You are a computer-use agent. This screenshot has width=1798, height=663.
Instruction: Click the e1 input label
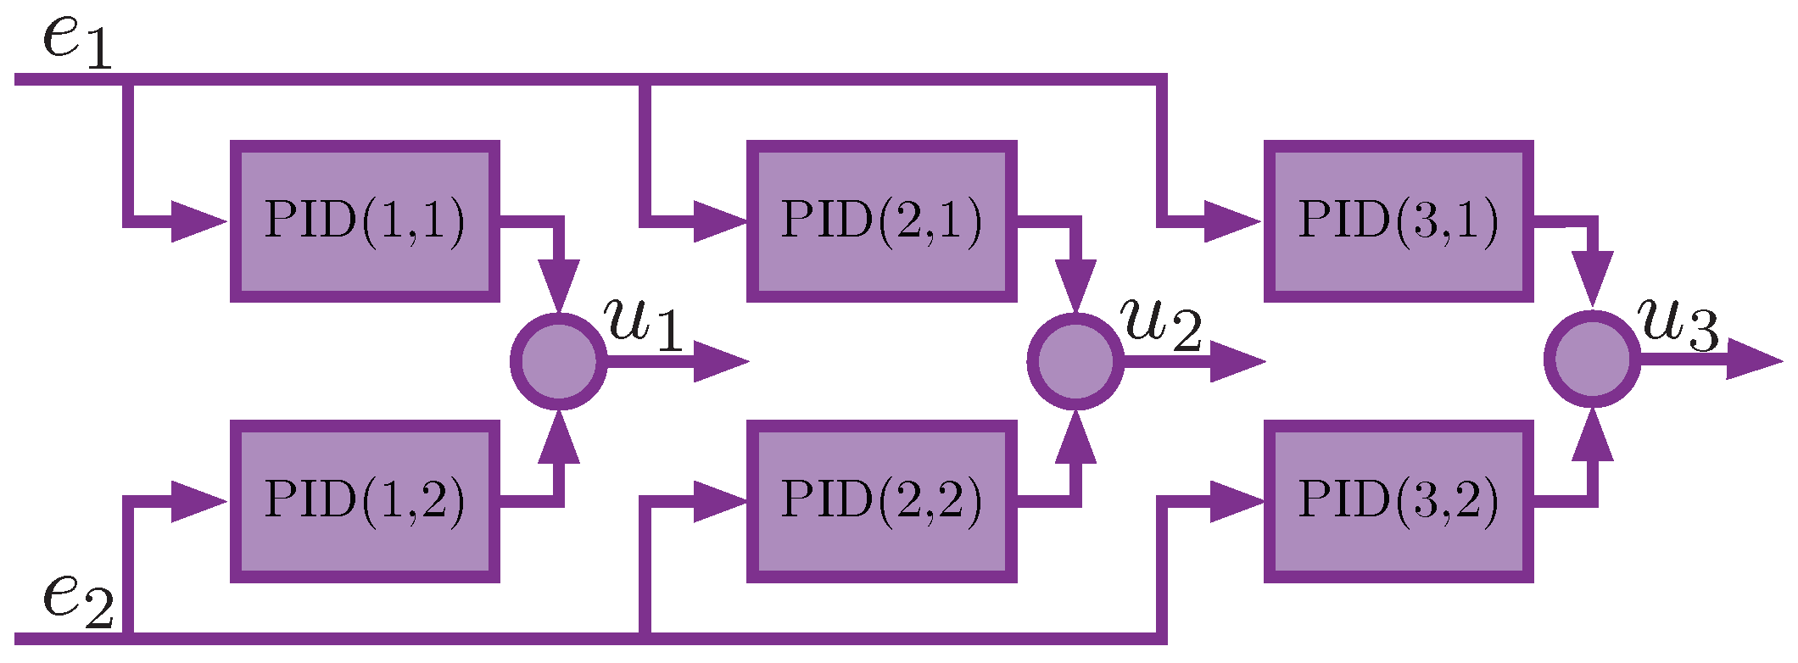(x=76, y=42)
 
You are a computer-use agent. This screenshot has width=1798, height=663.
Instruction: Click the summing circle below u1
(x=558, y=361)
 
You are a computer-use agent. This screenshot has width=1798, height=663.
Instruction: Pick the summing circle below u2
(x=1075, y=361)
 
